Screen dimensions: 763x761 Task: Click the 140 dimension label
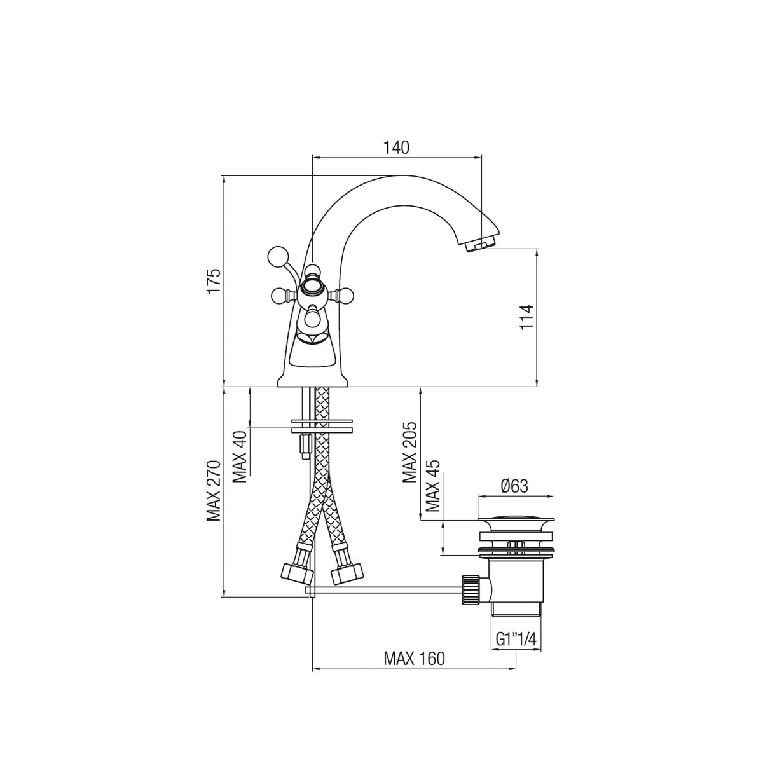tap(396, 147)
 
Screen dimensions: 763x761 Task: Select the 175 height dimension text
tap(214, 281)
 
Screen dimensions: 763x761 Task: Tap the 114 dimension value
tap(527, 317)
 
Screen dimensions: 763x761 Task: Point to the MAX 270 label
tap(214, 491)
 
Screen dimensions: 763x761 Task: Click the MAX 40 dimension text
tap(240, 456)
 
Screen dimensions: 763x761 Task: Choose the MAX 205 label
tap(410, 452)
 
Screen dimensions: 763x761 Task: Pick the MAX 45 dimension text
tap(433, 486)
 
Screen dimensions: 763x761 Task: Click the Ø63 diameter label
tap(514, 486)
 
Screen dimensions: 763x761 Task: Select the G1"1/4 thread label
tap(516, 639)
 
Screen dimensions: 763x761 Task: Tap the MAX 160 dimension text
tap(414, 659)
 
